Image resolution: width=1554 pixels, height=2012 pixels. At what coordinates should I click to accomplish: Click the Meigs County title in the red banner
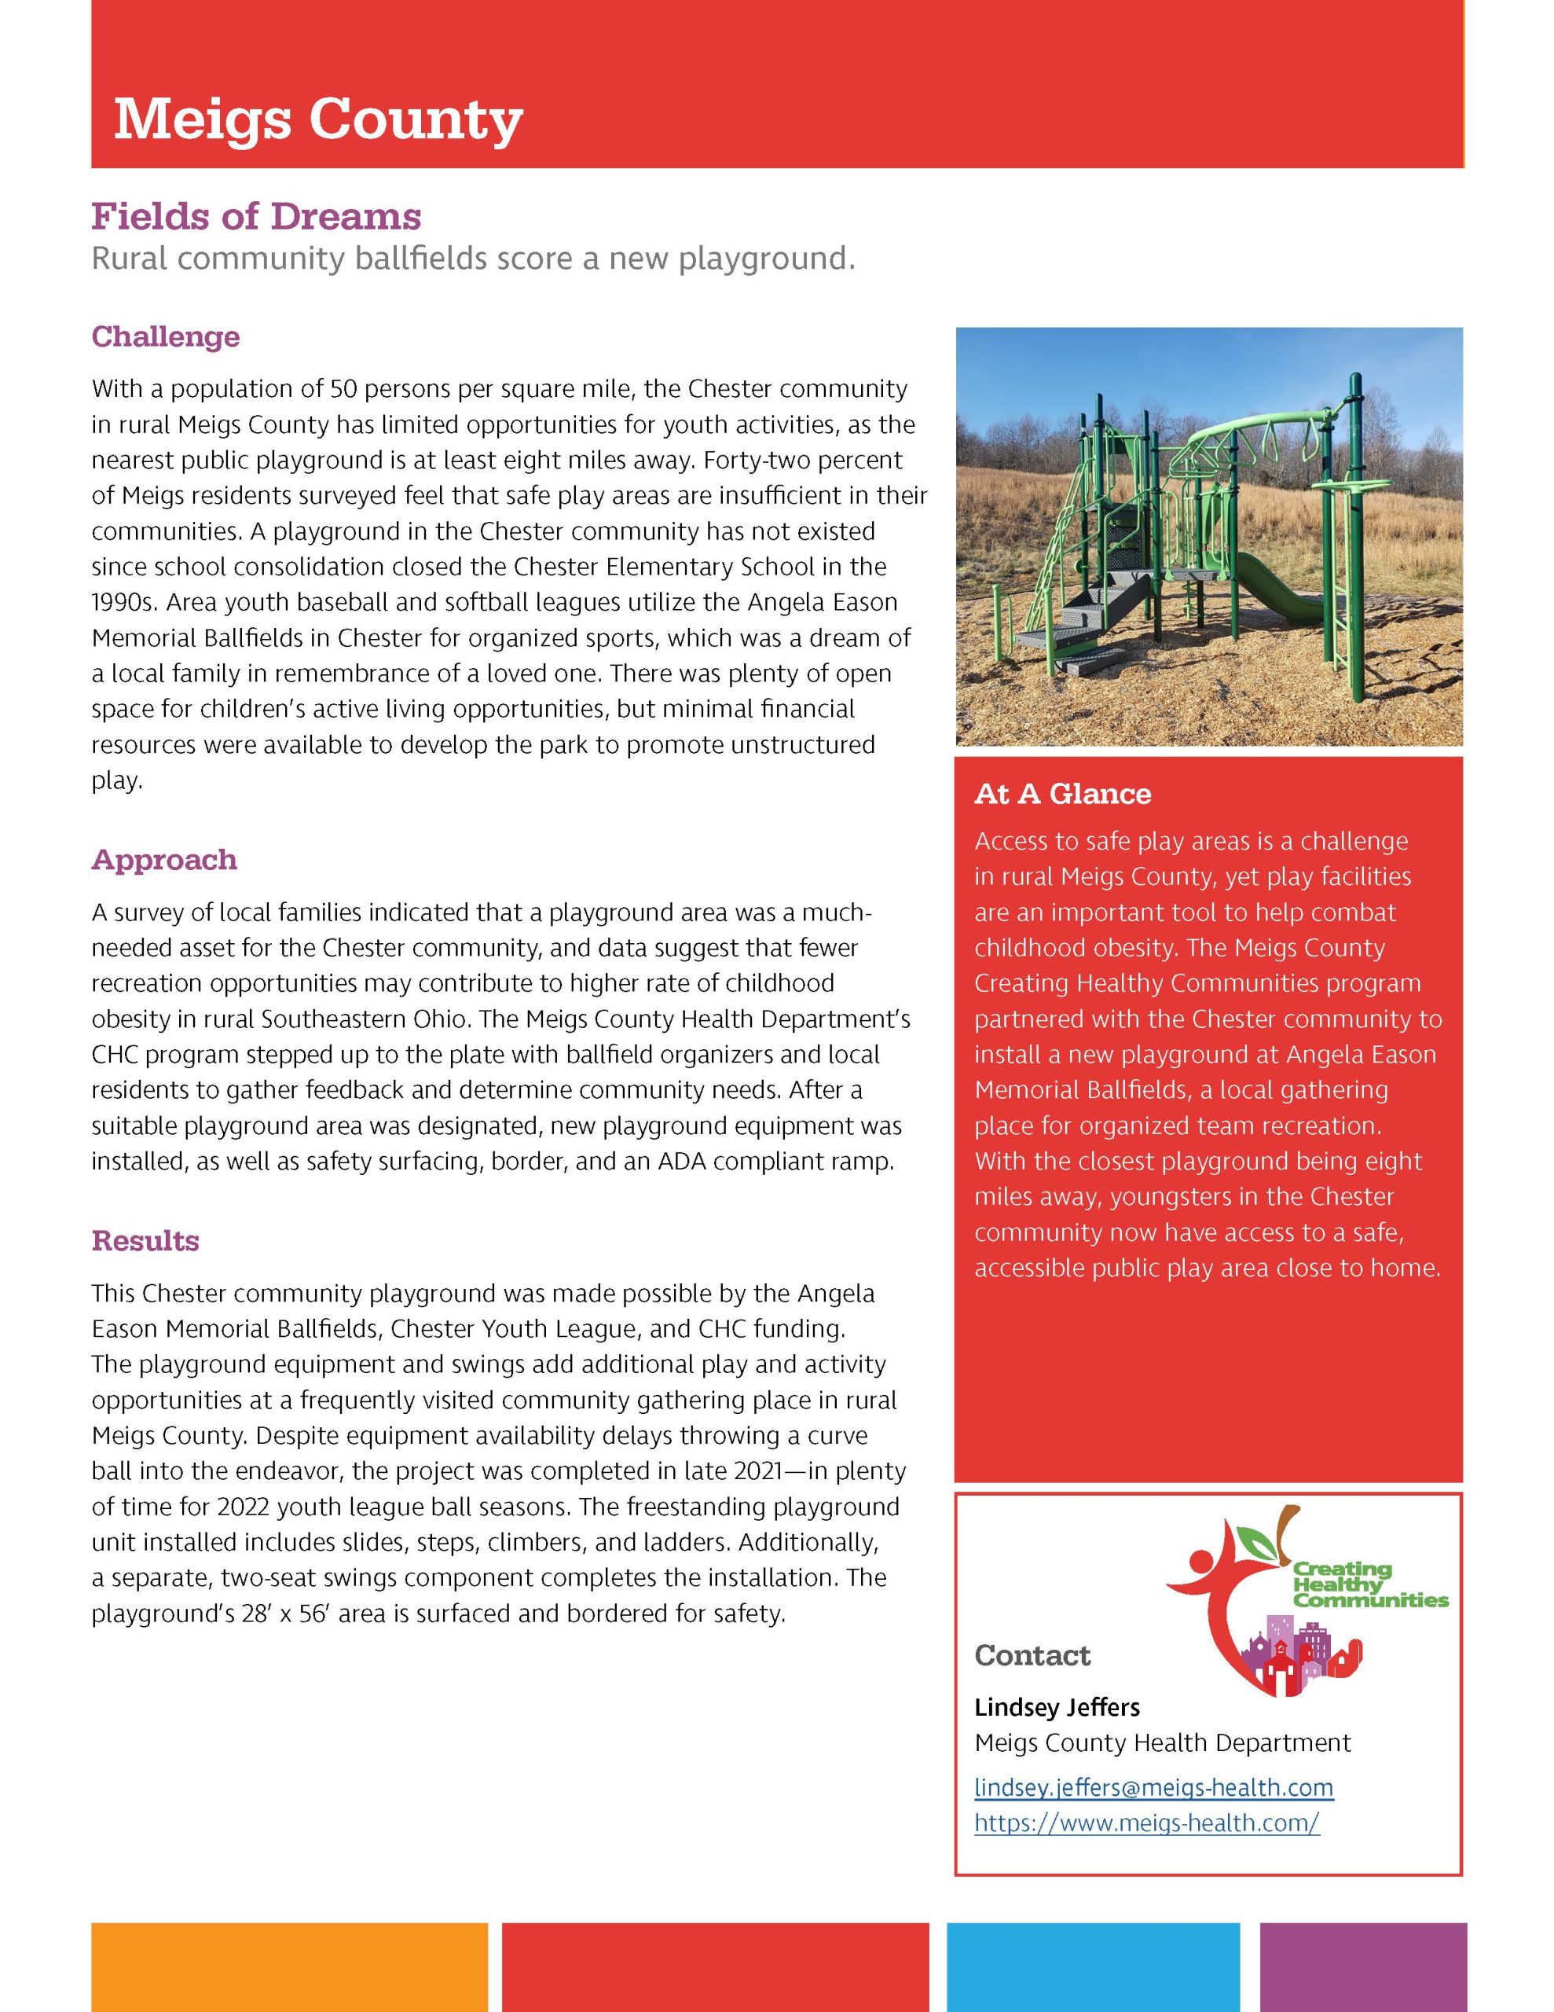tap(318, 119)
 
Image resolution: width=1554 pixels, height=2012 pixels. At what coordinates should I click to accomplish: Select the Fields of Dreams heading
tap(256, 216)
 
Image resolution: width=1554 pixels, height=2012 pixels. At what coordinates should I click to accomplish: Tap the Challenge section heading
tap(166, 336)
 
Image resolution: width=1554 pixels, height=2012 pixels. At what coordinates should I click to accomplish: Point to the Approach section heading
tap(164, 860)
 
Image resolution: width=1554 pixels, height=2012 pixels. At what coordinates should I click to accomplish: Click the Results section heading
tap(145, 1241)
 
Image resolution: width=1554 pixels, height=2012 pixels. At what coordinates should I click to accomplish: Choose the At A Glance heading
tap(1062, 794)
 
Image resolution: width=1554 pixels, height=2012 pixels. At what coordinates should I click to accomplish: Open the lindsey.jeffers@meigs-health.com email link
tap(1153, 1787)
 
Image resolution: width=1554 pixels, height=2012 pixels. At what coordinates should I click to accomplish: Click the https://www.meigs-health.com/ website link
tap(1147, 1823)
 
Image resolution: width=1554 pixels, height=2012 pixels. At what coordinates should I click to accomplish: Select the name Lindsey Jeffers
tap(1057, 1707)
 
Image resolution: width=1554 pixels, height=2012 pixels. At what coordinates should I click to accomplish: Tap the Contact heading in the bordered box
tap(1032, 1655)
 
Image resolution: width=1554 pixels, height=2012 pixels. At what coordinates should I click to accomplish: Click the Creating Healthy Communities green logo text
tap(1370, 1584)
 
